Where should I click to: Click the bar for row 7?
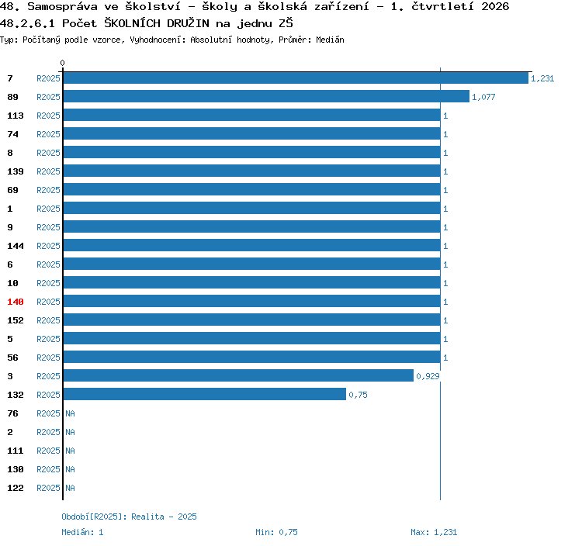pos(296,78)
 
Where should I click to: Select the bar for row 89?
pos(266,96)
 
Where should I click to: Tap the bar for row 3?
pos(238,375)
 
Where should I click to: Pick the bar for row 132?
pos(205,394)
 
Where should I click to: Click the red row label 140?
pos(16,302)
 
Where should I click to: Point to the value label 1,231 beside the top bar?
pos(542,78)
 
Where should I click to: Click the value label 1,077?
pos(483,97)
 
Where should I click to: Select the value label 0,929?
pos(428,376)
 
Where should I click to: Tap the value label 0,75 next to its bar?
pos(358,395)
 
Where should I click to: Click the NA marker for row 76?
pos(70,413)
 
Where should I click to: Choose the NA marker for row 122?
pos(70,488)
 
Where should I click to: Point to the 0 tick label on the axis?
pos(62,63)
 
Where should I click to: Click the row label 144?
pos(16,246)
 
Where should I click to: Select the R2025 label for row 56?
pos(48,358)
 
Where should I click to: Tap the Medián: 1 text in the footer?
pos(82,532)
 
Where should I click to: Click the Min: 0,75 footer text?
pos(276,532)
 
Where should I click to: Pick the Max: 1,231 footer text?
pos(434,532)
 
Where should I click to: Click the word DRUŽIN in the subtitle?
pos(188,23)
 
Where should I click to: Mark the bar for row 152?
pos(251,320)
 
